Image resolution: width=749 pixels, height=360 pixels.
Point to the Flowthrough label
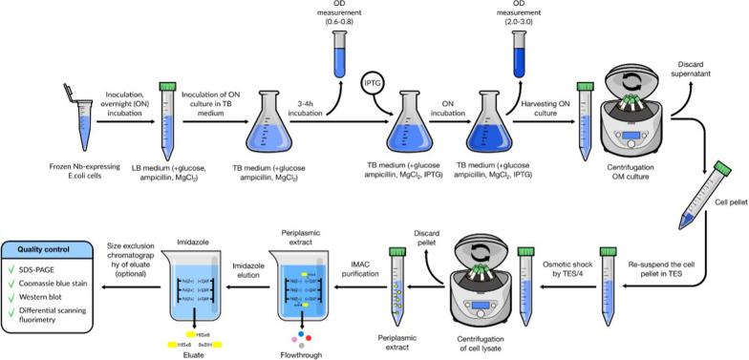click(304, 349)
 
